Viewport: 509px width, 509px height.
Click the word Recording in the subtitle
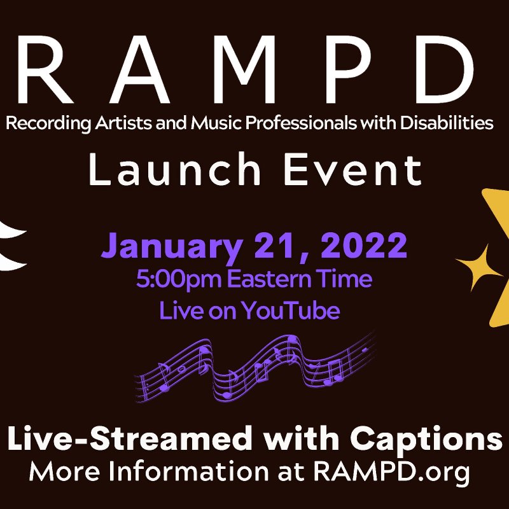click(41, 123)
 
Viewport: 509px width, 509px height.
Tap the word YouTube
click(298, 311)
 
